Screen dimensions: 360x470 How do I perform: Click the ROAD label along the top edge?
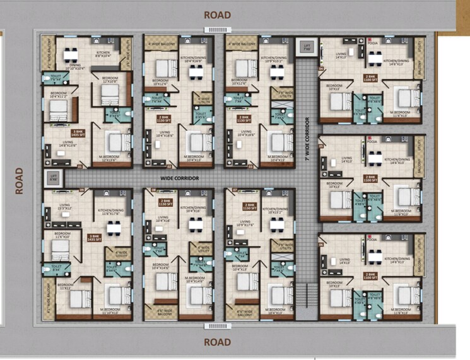coord(217,14)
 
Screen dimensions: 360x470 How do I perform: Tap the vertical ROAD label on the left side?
coord(20,180)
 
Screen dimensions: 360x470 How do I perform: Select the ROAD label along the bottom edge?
coord(217,342)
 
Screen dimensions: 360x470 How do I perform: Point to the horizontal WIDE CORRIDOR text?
coord(179,178)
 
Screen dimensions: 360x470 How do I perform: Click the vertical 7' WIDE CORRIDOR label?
coord(306,139)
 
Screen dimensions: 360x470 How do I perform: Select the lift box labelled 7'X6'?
coord(307,47)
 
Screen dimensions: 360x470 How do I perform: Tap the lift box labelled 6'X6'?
coord(54,178)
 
